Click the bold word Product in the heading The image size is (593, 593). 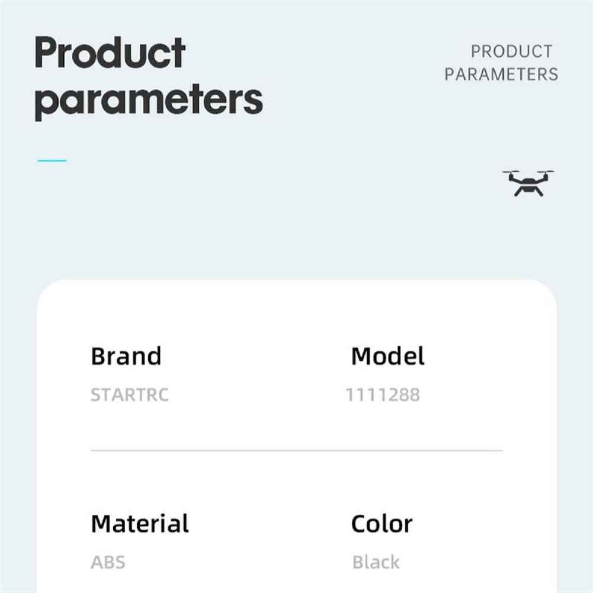(110, 52)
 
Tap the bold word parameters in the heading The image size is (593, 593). (149, 101)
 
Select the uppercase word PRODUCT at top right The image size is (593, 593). (511, 52)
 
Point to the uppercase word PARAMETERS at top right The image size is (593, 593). (501, 74)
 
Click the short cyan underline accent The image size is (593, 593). (52, 161)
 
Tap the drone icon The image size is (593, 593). (528, 184)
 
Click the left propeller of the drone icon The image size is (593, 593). (511, 172)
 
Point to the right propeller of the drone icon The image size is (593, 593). (546, 172)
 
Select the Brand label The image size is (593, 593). (126, 356)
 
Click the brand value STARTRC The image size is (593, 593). (130, 395)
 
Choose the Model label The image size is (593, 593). (387, 356)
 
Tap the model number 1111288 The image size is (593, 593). (383, 395)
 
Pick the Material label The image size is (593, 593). (140, 524)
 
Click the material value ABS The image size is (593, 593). (108, 562)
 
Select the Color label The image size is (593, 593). (382, 524)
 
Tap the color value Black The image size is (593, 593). (376, 562)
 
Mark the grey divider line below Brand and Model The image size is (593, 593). (296, 450)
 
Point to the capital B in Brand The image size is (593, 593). (99, 356)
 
